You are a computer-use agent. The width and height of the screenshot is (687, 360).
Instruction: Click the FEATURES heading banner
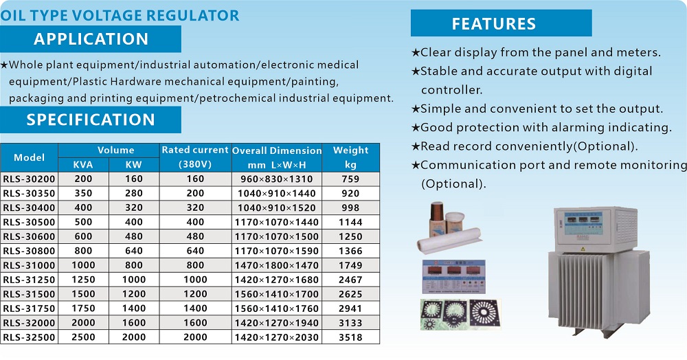[x=502, y=23]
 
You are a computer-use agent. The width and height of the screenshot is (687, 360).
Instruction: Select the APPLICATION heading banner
[x=90, y=39]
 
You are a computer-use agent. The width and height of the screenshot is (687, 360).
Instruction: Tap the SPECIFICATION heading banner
[x=90, y=120]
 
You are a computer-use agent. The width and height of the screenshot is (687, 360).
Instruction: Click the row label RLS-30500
[x=29, y=222]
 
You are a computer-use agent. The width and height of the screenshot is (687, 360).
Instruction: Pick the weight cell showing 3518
[x=350, y=337]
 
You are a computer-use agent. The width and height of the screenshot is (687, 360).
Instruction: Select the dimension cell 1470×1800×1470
[x=276, y=265]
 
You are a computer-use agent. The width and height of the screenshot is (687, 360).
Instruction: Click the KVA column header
[x=83, y=165]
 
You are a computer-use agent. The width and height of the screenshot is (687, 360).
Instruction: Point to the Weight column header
[x=350, y=157]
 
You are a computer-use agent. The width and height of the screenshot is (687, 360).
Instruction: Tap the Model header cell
[x=29, y=157]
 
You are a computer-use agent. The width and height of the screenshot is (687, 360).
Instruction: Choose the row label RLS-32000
[x=29, y=323]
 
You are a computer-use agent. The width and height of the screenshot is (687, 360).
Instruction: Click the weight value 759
[x=350, y=179]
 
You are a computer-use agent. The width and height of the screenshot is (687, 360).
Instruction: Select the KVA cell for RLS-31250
[x=83, y=280]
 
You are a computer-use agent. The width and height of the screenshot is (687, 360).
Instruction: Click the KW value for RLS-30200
[x=134, y=179]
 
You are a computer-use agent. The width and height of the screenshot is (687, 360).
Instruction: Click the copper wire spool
[x=437, y=218]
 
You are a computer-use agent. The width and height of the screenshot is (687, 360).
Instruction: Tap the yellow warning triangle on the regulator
[x=583, y=249]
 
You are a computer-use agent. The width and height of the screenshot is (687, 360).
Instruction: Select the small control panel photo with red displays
[x=453, y=276]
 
